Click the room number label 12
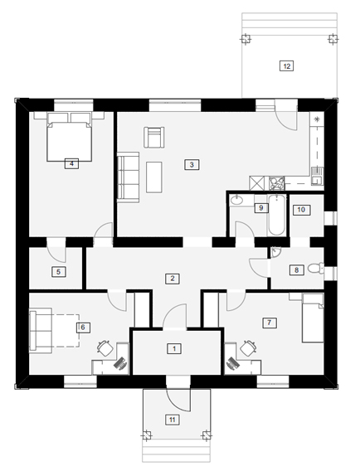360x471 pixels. [286, 66]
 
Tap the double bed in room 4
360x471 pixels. [69, 137]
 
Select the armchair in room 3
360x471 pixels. [153, 138]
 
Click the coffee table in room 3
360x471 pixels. [154, 177]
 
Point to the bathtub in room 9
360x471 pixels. [276, 216]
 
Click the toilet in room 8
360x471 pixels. [315, 268]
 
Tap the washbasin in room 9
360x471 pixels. [238, 200]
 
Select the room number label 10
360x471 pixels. [301, 210]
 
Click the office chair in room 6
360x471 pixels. [105, 347]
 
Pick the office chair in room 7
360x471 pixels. [249, 348]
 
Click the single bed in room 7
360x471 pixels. [313, 318]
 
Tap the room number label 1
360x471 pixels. [174, 349]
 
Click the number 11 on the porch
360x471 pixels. [173, 420]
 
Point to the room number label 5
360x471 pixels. [58, 272]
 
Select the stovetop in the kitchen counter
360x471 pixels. [276, 183]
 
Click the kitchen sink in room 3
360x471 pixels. [317, 176]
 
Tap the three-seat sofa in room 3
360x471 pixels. [129, 177]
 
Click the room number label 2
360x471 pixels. [173, 279]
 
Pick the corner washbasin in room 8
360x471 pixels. [275, 252]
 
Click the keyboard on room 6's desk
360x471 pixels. [120, 362]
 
